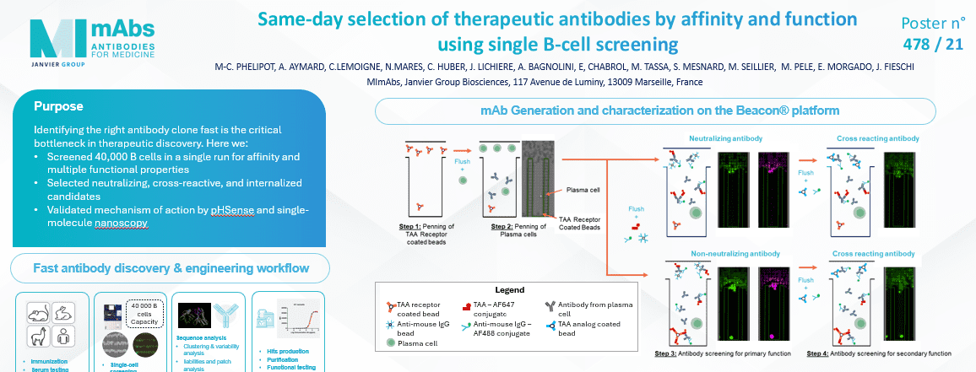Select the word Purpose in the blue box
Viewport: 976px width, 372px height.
tap(58, 107)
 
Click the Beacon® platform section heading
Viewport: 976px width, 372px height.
tap(655, 111)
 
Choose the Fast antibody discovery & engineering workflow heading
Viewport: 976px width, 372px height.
tap(171, 269)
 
